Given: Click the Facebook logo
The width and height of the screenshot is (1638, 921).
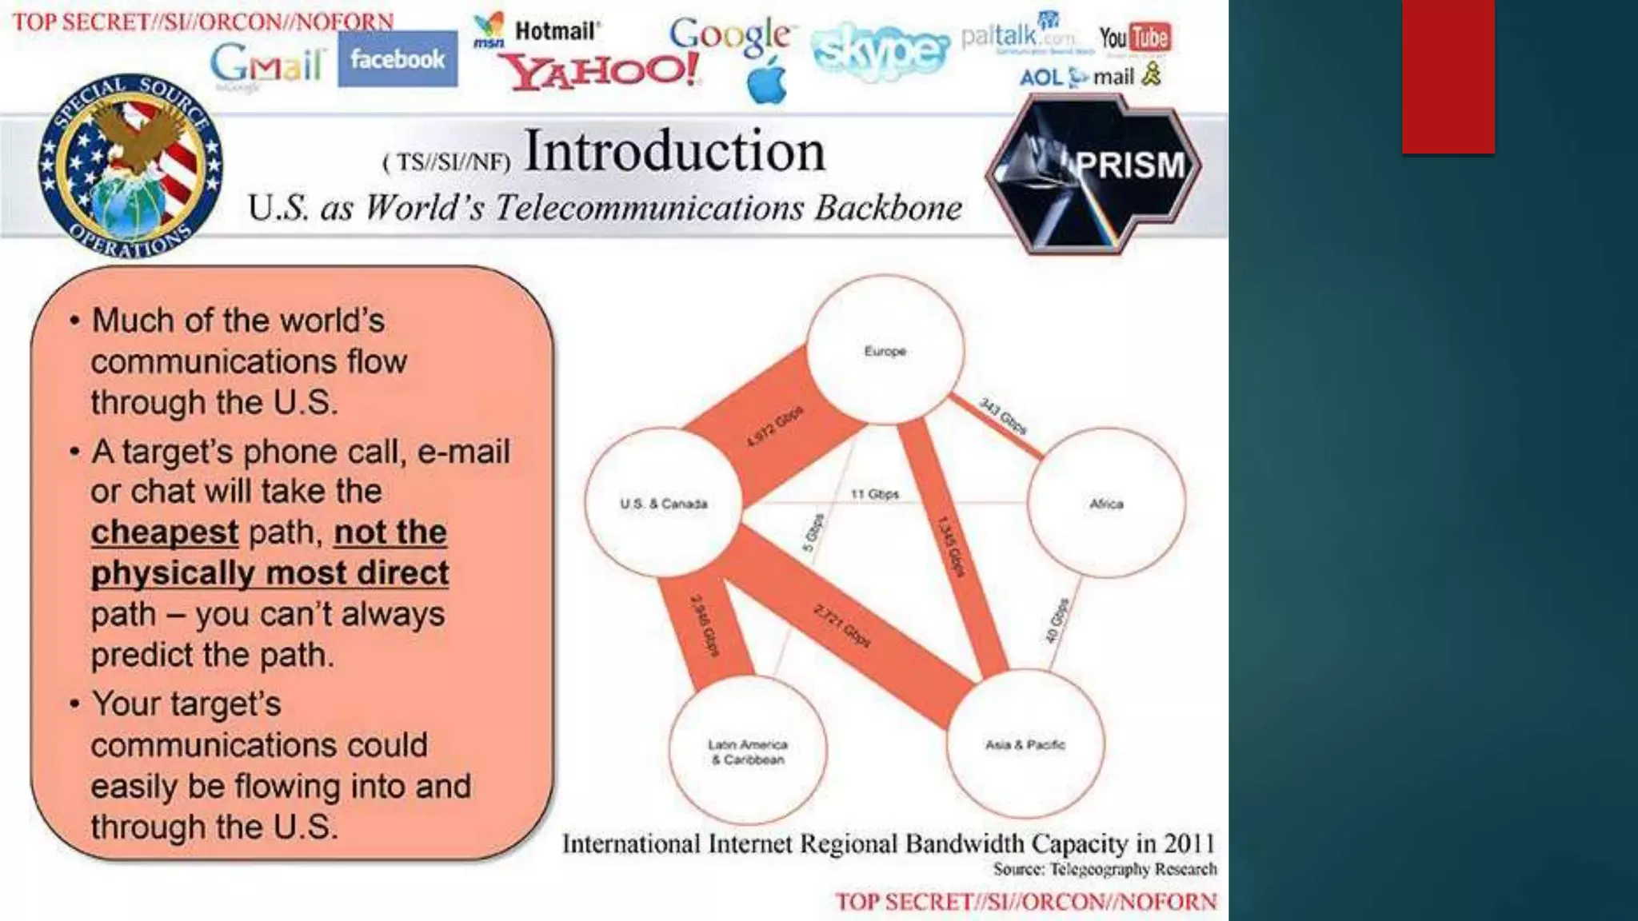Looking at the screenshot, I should [398, 59].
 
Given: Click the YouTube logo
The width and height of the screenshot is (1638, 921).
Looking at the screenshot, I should [1135, 38].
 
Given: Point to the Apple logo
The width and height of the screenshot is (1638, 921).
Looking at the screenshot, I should [766, 82].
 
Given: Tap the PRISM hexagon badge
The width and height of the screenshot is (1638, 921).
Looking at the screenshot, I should [1093, 173].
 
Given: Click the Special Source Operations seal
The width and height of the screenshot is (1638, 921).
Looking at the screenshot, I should [131, 167].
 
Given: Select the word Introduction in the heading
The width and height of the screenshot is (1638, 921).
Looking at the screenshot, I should [674, 151].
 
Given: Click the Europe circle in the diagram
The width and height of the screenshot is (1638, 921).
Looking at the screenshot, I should [885, 350].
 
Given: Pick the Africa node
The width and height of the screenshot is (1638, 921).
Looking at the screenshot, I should [1106, 504].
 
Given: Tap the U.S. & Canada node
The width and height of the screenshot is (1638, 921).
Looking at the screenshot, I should [663, 504].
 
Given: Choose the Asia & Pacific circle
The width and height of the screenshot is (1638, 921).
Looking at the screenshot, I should [1025, 744].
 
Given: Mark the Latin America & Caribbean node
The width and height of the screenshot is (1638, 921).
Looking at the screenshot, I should [747, 752].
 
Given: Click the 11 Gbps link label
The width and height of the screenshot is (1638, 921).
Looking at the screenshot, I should [875, 494].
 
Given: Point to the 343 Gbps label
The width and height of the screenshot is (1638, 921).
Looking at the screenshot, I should [1003, 416].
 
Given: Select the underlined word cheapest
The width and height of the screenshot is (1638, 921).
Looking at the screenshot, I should [165, 532].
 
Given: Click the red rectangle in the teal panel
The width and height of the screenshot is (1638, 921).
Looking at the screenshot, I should [1448, 76].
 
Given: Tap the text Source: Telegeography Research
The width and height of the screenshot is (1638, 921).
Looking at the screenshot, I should [1105, 869].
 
